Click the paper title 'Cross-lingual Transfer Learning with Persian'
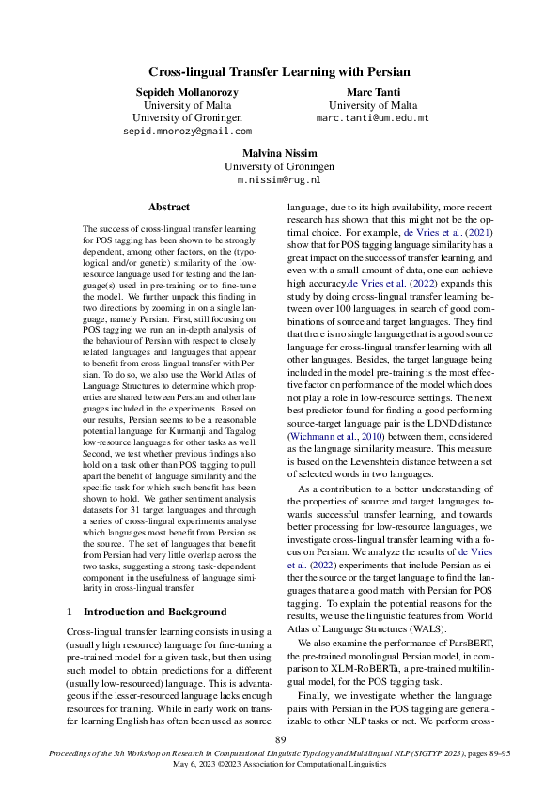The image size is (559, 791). [x=279, y=71]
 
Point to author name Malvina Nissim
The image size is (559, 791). [x=279, y=151]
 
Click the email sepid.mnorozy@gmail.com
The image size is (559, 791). [x=188, y=132]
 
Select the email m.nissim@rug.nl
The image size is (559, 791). [x=279, y=179]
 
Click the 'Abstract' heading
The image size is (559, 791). [x=169, y=207]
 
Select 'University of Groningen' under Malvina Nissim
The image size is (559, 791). [x=279, y=165]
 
